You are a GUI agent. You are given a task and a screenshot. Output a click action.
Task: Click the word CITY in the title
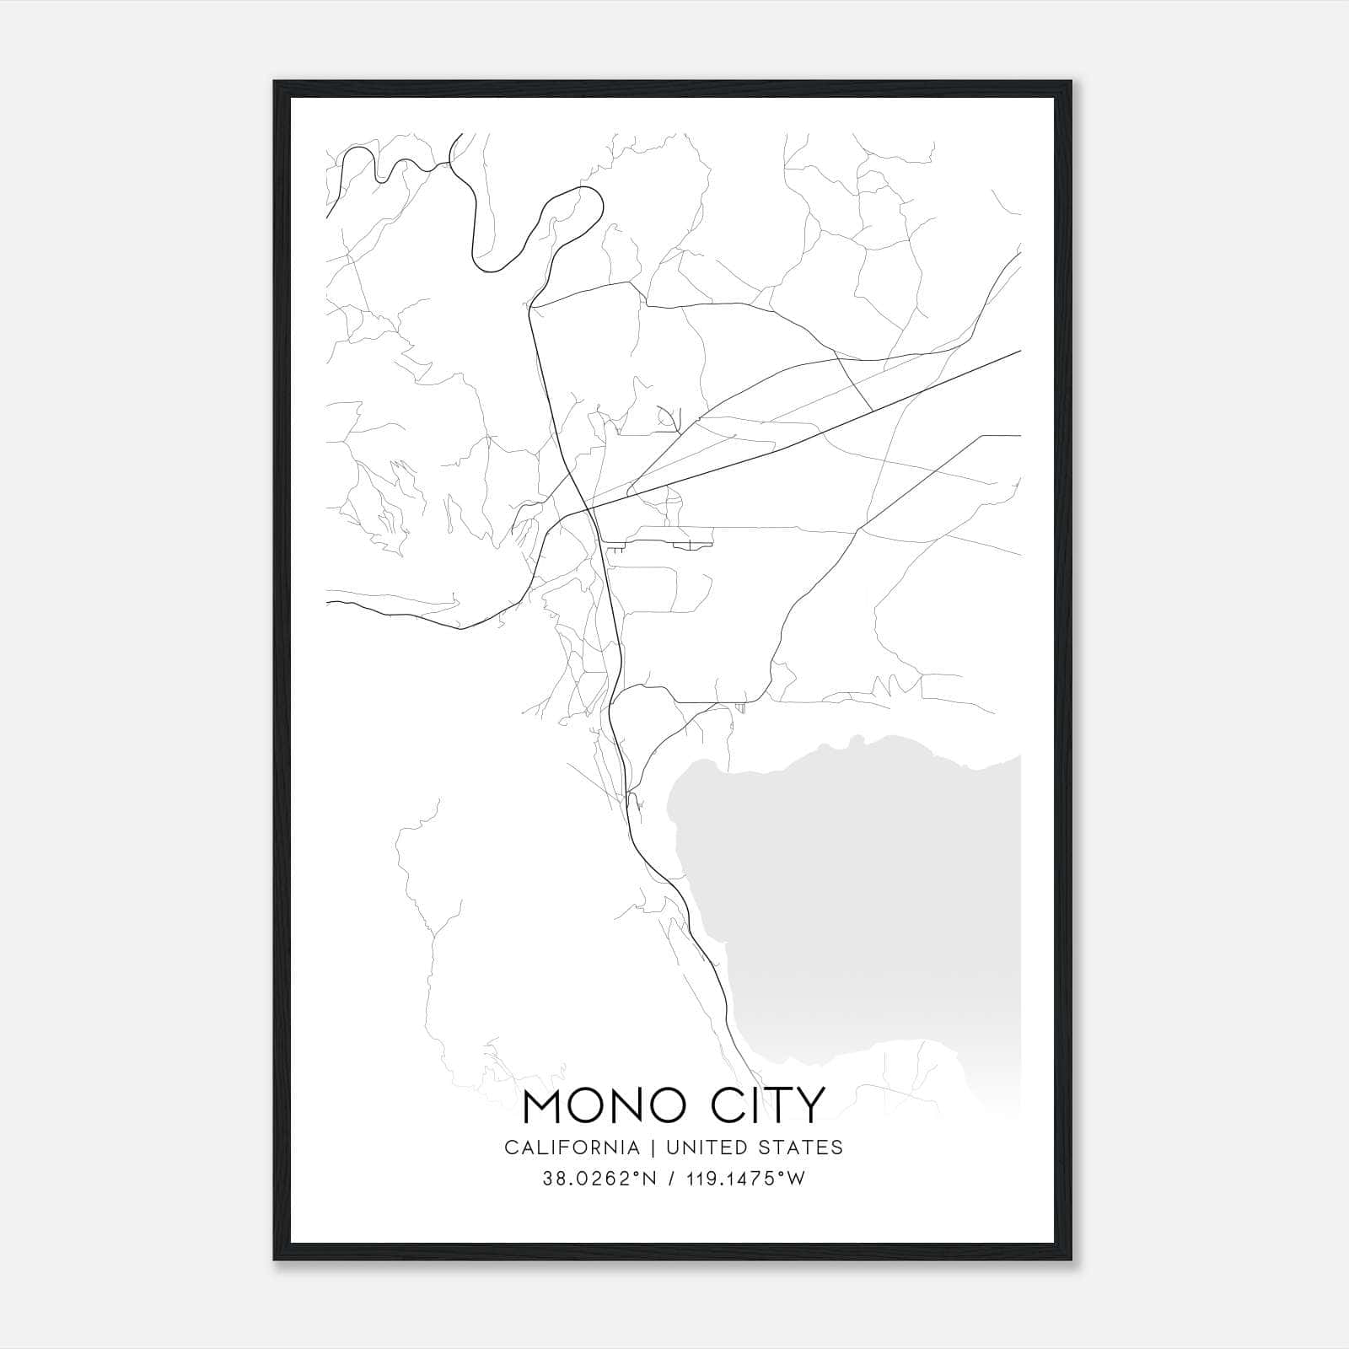765,1106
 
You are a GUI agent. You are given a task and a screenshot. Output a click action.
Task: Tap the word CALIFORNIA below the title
572,1147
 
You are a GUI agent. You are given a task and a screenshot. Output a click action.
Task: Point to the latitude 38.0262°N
597,1179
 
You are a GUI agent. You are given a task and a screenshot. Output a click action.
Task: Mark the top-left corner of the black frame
275,82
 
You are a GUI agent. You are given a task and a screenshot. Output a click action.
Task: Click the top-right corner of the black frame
1072,82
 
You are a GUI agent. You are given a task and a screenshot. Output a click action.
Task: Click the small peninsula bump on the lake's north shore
858,741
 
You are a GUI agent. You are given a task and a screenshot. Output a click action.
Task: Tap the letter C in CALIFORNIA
510,1147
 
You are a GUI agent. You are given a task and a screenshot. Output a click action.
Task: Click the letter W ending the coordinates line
797,1179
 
